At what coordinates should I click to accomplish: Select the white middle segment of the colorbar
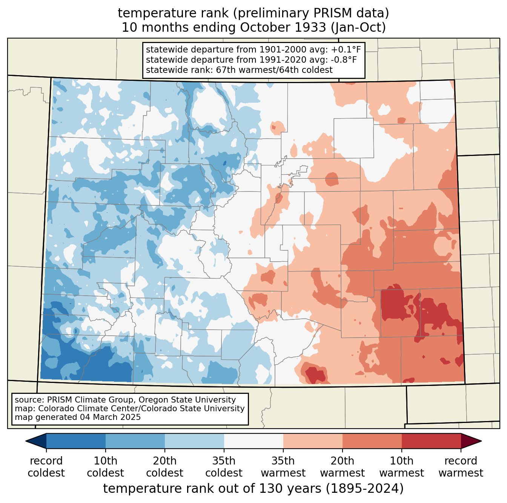253,441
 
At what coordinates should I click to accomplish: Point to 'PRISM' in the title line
333,13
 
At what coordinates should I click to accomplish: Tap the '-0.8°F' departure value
344,60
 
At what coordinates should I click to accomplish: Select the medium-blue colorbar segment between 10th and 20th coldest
135,441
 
